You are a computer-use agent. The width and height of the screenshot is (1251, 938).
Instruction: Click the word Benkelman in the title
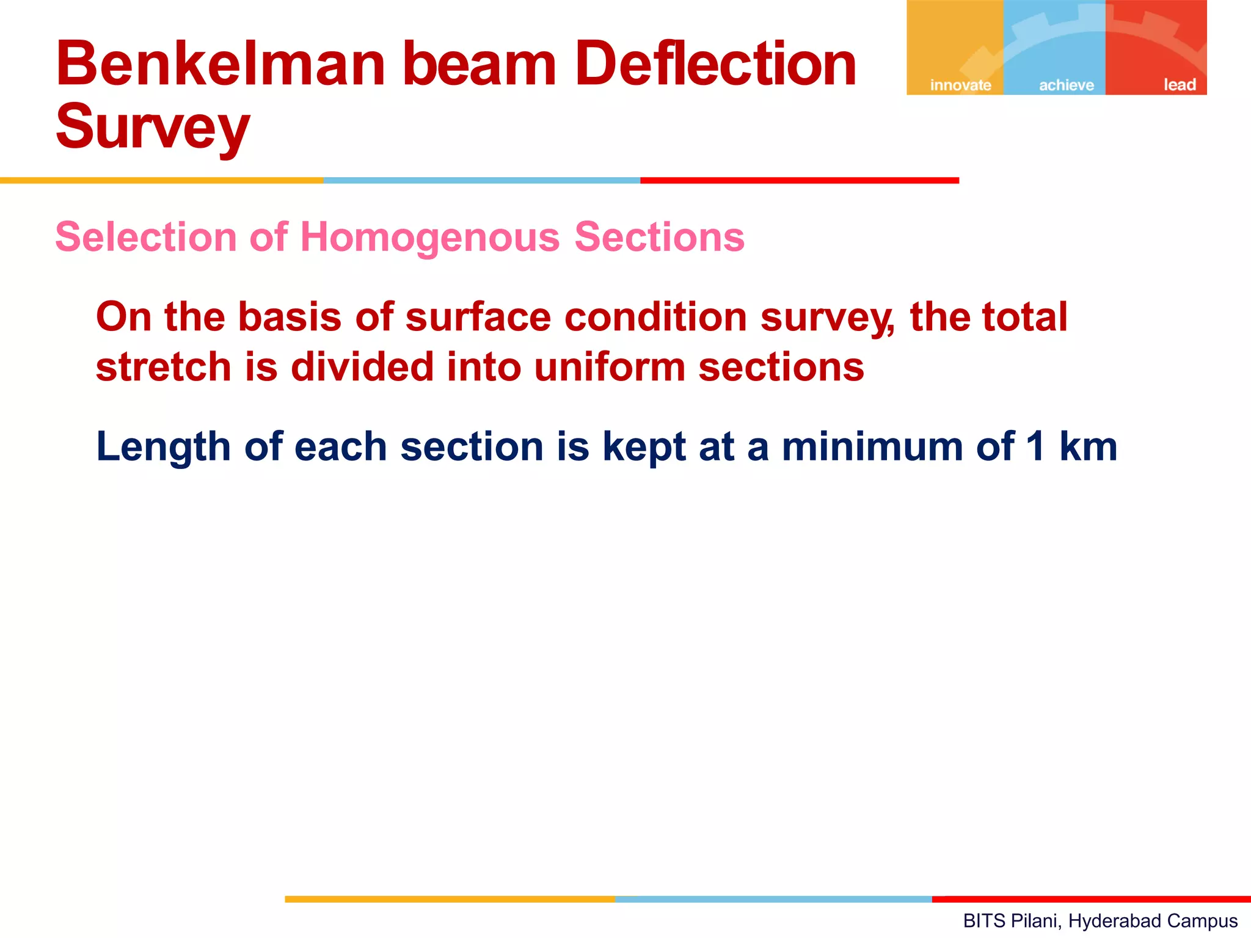(x=221, y=64)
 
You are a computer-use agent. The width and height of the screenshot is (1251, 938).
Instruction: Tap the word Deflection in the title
(x=715, y=64)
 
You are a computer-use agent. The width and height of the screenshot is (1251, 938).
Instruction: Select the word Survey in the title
(x=153, y=127)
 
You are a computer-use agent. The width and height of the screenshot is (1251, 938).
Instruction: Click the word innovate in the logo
(x=960, y=85)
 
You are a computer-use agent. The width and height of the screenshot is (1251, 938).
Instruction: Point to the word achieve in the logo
(x=1067, y=85)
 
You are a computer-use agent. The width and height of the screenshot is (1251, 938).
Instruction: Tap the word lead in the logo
(x=1179, y=85)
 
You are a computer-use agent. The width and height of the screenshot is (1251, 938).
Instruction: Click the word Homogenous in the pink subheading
(x=430, y=237)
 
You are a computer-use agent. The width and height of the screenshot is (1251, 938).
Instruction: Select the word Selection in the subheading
(x=146, y=237)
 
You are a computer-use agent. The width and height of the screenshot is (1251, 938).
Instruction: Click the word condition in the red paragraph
(x=655, y=318)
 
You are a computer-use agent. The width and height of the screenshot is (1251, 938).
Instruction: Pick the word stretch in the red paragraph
(x=164, y=368)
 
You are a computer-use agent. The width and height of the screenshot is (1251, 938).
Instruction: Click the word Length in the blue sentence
(x=163, y=447)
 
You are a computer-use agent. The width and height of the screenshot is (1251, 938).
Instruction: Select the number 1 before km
(x=1035, y=447)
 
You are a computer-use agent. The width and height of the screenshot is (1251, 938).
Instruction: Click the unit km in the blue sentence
(x=1088, y=447)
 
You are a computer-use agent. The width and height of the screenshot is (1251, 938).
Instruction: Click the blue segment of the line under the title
(x=481, y=181)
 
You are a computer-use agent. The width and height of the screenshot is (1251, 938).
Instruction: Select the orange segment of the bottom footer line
(x=450, y=899)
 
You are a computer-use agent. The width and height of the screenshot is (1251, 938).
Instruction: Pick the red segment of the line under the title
(x=799, y=181)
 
